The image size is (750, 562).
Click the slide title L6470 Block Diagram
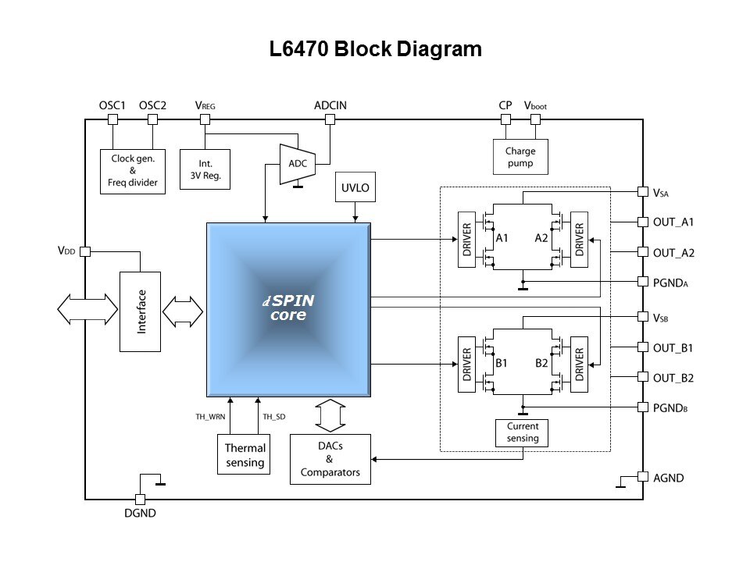pyautogui.click(x=375, y=50)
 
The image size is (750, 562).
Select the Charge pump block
pyautogui.click(x=520, y=156)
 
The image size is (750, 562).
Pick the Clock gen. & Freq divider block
pyautogui.click(x=133, y=171)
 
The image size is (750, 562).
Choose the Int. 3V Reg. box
pyautogui.click(x=205, y=169)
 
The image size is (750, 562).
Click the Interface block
pyautogui.click(x=140, y=311)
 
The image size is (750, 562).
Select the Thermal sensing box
pyautogui.click(x=245, y=454)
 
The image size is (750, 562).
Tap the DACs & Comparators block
pyautogui.click(x=330, y=459)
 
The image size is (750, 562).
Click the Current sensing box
pyautogui.click(x=523, y=432)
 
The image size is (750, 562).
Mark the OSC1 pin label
pyautogui.click(x=113, y=105)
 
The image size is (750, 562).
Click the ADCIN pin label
pyautogui.click(x=330, y=105)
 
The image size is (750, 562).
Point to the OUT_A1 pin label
pyautogui.click(x=673, y=222)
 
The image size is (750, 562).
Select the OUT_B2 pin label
pyautogui.click(x=673, y=378)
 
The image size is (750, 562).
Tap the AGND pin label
pyautogui.click(x=669, y=477)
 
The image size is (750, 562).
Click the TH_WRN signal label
pyautogui.click(x=210, y=417)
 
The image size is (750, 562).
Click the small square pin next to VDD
pyautogui.click(x=85, y=251)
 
